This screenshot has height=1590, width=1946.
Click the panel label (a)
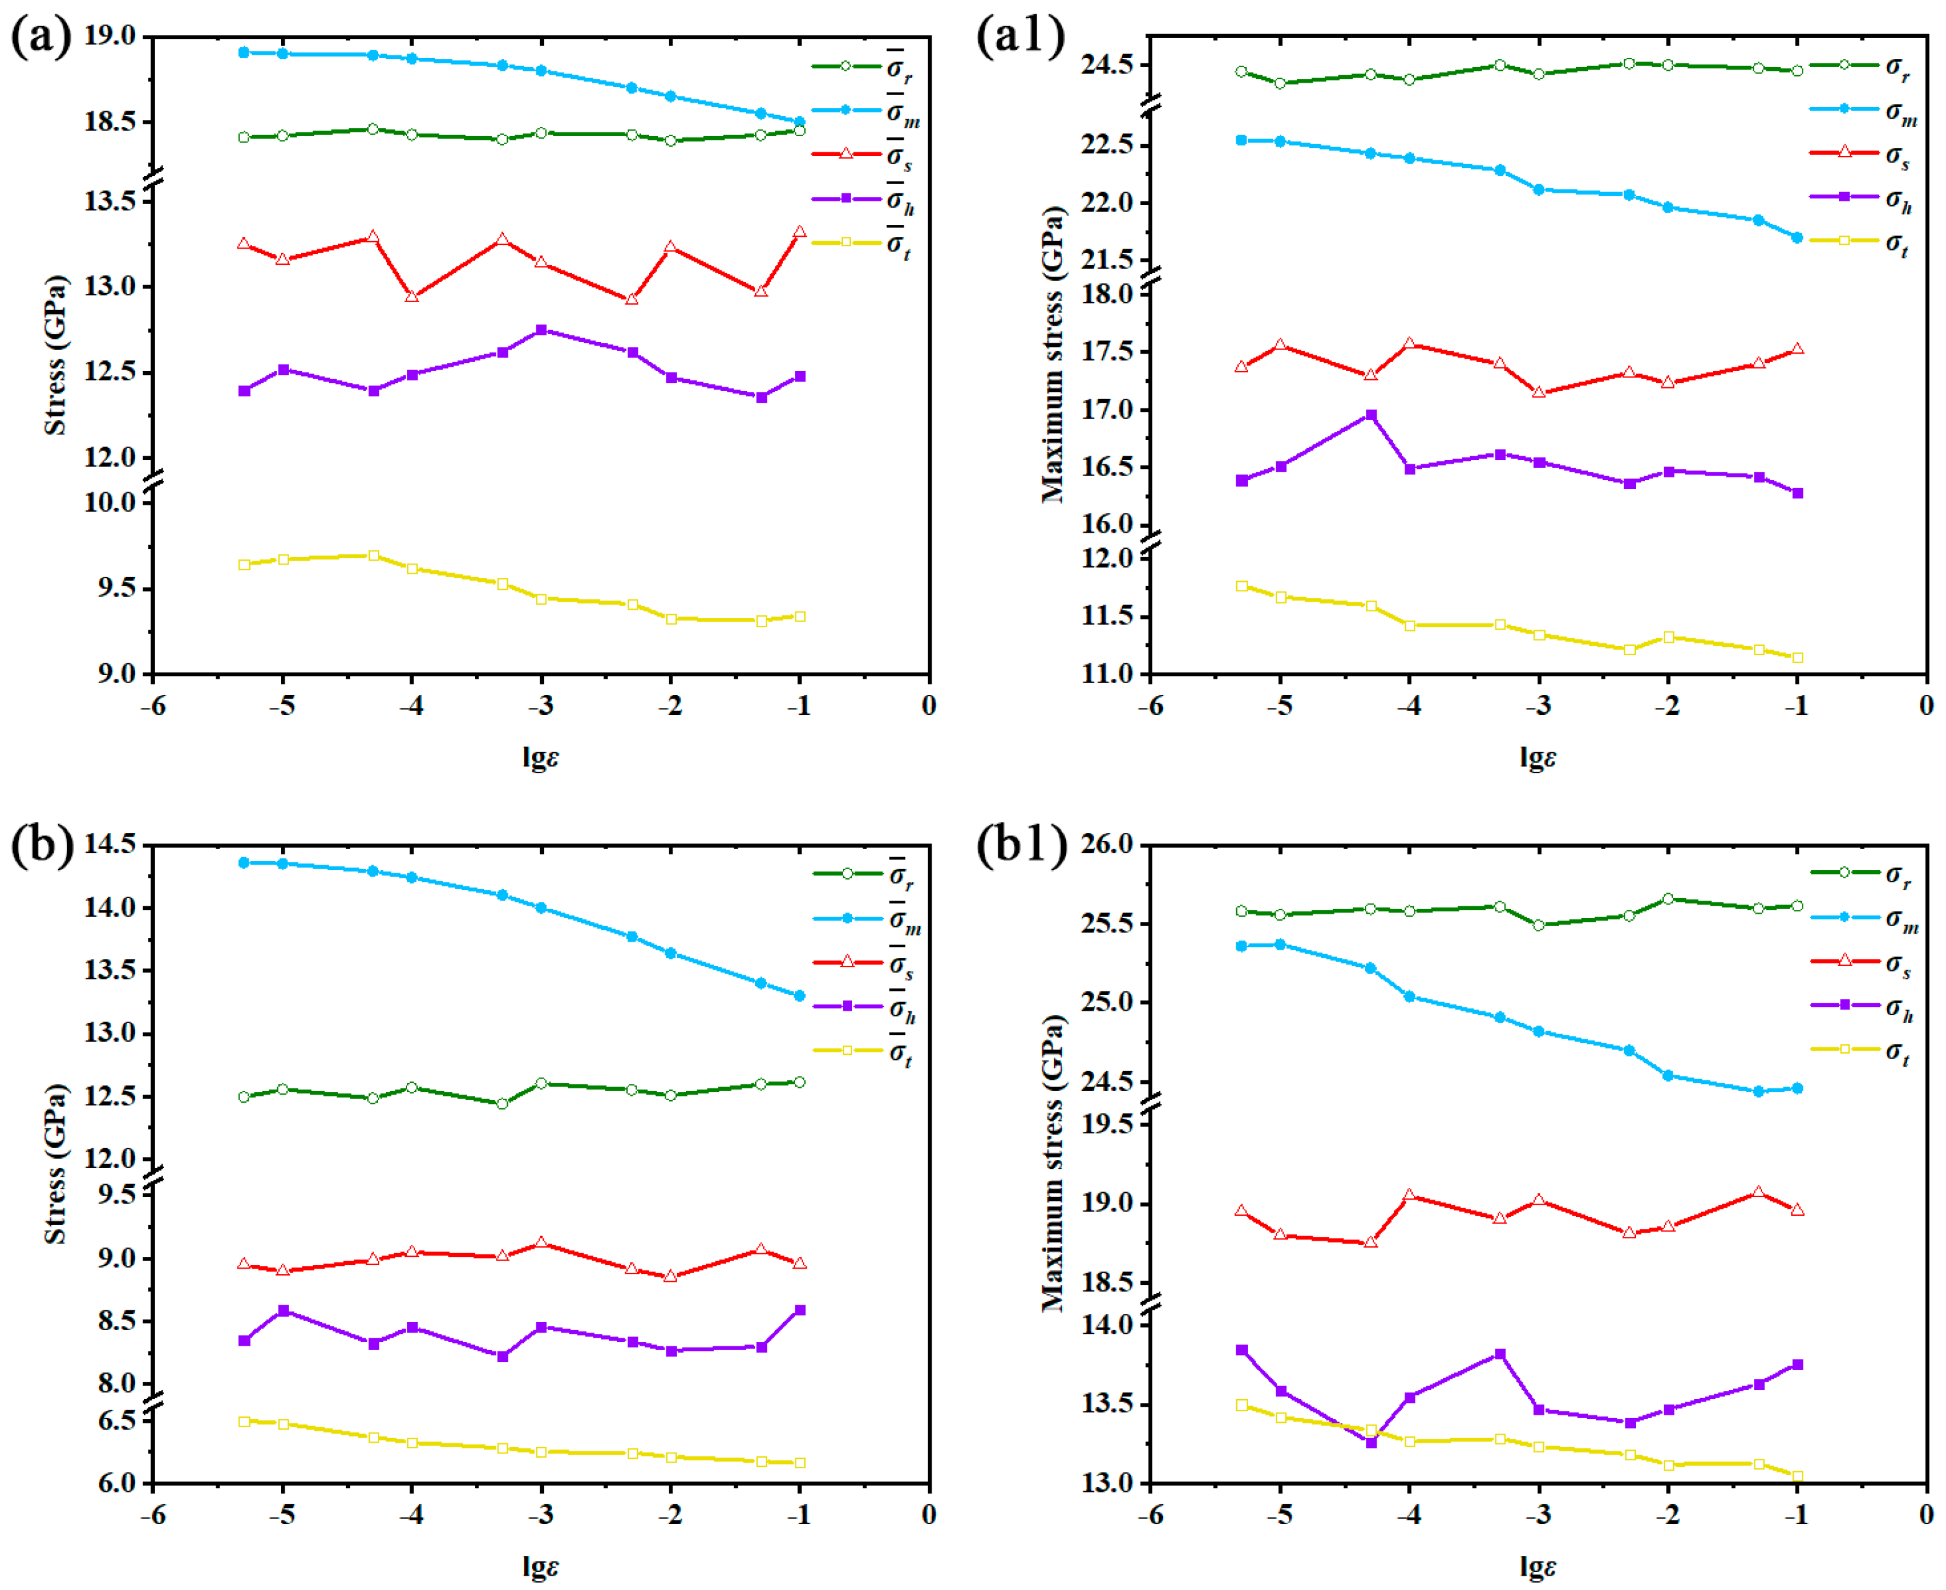pos(40,39)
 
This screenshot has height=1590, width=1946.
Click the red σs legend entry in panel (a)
pos(861,155)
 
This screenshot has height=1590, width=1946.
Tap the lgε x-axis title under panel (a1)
pos(1538,758)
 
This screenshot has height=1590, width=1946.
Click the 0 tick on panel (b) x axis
pos(930,1515)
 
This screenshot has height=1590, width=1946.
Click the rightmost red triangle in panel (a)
pos(801,232)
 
